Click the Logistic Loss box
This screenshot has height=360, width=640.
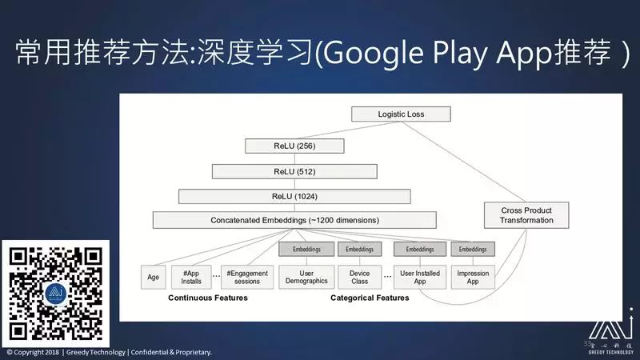coord(402,114)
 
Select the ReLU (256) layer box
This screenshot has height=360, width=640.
coord(296,146)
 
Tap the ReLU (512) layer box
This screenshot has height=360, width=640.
coord(294,171)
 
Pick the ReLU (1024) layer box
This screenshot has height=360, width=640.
coord(294,196)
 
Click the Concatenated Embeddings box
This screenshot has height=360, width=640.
coord(294,220)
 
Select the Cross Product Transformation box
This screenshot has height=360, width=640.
coord(526,215)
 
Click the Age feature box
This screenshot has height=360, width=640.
coord(153,278)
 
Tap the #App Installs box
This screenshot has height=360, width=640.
coord(191,277)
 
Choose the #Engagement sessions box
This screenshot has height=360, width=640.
coord(247,277)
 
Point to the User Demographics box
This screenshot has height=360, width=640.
coord(306,277)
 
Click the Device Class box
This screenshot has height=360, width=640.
coord(360,277)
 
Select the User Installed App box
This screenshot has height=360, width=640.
coord(419,277)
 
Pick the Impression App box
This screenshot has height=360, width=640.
coord(473,277)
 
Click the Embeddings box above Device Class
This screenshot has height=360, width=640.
coord(360,250)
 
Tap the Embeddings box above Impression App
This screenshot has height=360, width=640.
coord(473,250)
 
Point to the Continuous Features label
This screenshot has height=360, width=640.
coord(207,298)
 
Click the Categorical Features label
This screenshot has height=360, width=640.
coord(370,298)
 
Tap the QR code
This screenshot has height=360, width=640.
coord(55,294)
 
